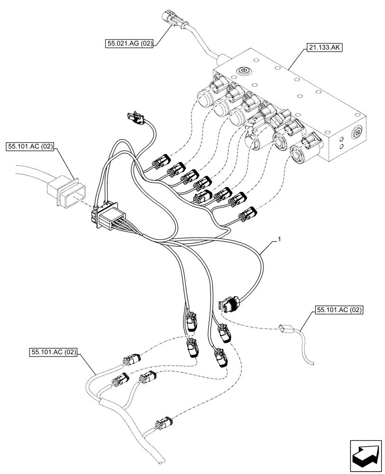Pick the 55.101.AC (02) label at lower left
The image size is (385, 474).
[x=53, y=352]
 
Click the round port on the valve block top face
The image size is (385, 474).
[x=245, y=71]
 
